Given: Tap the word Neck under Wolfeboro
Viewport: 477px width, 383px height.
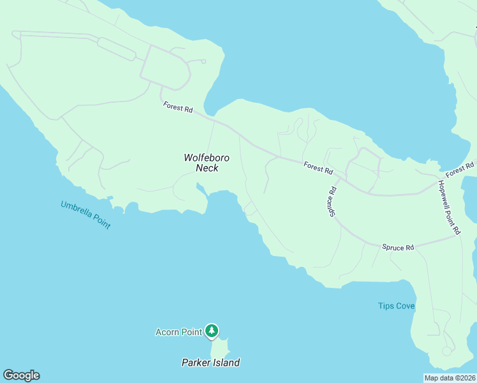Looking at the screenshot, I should coord(207,168).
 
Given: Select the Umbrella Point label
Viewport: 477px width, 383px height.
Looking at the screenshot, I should coord(85,215).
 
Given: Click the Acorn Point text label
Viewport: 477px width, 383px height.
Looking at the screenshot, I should coord(179,332).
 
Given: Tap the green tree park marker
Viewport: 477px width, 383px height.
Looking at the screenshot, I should coord(212,331).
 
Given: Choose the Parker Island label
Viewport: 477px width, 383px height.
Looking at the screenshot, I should coord(210,363).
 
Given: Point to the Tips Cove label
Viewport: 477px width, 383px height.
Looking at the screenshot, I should coord(396,306).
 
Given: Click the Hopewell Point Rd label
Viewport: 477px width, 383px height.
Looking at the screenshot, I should coord(448,207).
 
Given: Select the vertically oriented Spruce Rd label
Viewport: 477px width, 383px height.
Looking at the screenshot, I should coord(333,201).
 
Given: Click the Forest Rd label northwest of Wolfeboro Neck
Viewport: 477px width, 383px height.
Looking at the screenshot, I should coord(177,107).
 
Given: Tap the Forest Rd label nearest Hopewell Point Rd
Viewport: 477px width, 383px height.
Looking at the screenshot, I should coord(460,170).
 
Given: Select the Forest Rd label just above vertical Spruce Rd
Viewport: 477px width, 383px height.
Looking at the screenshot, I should coord(318,168).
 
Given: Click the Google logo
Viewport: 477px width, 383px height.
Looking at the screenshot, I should coord(21,375).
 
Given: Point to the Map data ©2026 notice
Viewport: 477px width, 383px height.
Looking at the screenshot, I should coord(450,378).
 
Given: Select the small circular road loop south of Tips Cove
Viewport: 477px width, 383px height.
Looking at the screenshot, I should coord(446,351).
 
